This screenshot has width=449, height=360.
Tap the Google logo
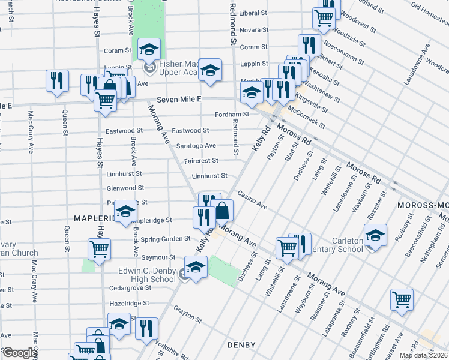tap(19, 353)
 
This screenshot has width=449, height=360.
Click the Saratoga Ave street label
tap(196, 146)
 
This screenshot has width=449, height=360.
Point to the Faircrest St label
tap(201, 161)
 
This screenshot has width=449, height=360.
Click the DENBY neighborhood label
tap(242, 345)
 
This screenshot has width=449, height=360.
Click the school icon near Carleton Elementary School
tap(375, 235)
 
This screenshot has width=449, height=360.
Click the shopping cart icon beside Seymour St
tap(99, 249)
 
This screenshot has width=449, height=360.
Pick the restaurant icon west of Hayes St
tap(57, 81)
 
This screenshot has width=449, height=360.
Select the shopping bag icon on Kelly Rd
tap(222, 211)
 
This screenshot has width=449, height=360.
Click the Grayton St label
tap(186, 310)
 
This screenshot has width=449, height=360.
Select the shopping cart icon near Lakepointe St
tap(402, 299)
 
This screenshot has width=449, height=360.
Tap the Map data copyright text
tap(424, 355)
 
